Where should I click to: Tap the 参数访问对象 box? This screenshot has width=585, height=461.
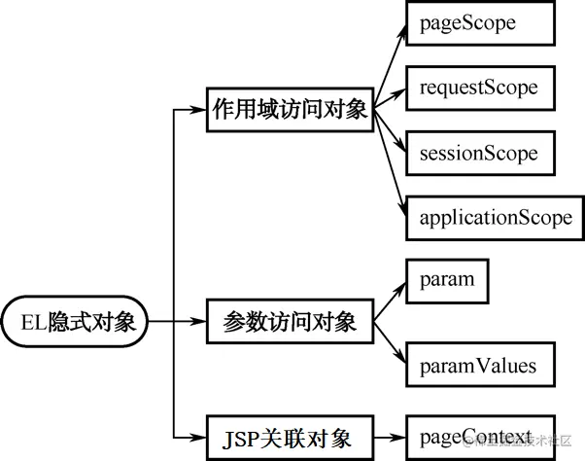coord(290,322)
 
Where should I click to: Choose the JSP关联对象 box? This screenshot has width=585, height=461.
coord(290,436)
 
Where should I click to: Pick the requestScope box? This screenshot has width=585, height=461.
coord(479,89)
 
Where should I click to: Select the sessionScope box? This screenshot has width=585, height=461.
coord(479,154)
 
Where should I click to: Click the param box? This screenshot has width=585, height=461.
coord(447,280)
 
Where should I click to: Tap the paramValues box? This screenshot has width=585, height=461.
coord(479,367)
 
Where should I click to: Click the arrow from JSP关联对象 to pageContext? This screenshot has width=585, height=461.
coord(389,436)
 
